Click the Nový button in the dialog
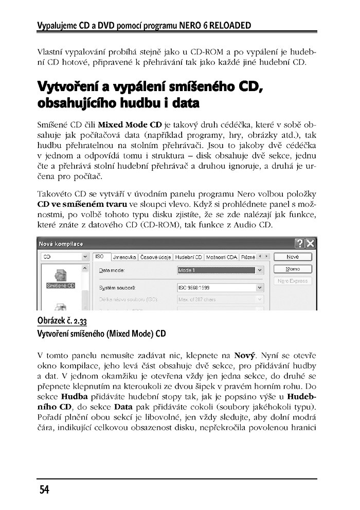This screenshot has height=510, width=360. tap(293, 257)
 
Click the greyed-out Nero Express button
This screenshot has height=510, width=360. tap(293, 281)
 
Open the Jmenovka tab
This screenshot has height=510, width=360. tap(124, 256)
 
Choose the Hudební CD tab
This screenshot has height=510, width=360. tap(188, 256)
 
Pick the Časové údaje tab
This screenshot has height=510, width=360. tap(156, 256)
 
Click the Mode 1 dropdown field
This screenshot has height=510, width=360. tap(216, 270)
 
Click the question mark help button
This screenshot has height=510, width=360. tap(300, 243)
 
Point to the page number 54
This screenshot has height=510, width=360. tap(43, 490)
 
